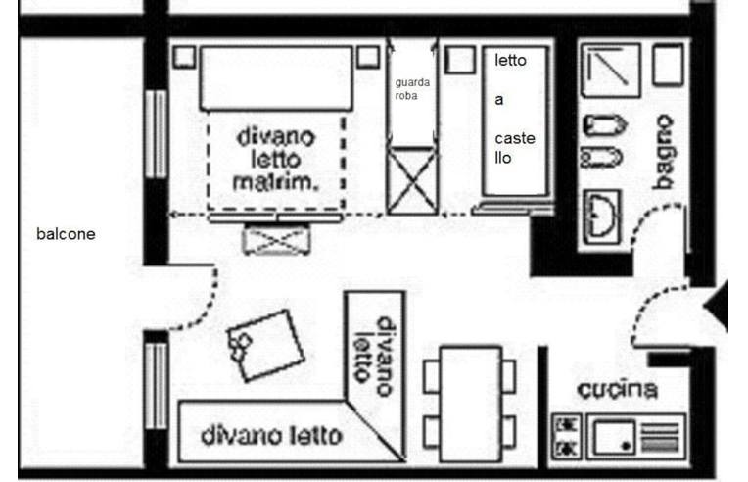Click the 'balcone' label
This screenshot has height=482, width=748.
(66, 234)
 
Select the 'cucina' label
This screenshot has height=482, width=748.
(616, 390)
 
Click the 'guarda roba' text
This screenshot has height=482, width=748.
(412, 89)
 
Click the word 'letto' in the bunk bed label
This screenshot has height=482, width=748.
(510, 61)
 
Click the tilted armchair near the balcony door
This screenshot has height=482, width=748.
(264, 346)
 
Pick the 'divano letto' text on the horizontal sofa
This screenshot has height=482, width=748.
(271, 435)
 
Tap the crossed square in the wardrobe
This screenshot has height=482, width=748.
(410, 179)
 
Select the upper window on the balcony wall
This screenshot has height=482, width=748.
(155, 134)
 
